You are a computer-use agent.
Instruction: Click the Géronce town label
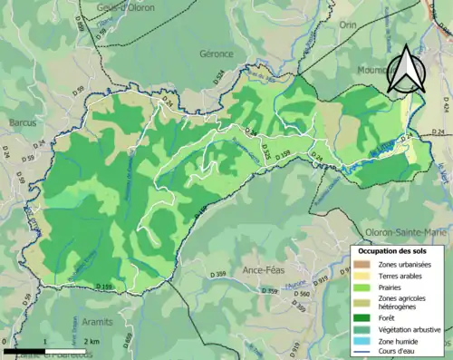pos(217,54)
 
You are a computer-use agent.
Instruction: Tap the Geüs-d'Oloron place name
pos(120,7)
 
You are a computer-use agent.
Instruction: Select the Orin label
pos(347,25)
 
